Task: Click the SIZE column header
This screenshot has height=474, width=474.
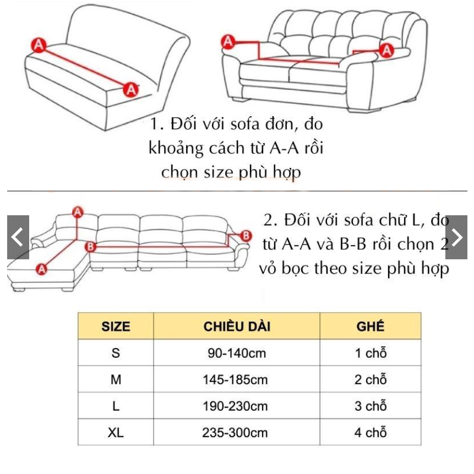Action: (116, 326)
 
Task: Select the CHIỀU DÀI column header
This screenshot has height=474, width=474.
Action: (237, 326)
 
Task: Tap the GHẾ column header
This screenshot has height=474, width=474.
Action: (370, 326)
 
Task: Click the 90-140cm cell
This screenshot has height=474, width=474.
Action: (237, 353)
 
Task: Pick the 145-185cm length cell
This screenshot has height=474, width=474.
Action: (237, 379)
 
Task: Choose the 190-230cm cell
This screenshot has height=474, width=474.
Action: (237, 406)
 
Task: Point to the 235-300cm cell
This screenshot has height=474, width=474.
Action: (237, 433)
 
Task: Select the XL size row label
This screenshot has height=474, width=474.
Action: (116, 433)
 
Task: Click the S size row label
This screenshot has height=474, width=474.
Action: (116, 353)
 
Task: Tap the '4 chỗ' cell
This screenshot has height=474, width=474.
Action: (370, 433)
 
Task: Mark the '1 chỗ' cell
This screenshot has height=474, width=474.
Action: (370, 353)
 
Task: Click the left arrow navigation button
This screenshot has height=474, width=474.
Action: (18, 237)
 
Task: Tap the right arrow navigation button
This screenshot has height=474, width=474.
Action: (456, 237)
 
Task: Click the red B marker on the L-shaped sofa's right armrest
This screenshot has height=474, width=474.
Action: (246, 236)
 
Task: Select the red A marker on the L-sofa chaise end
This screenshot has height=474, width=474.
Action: (41, 269)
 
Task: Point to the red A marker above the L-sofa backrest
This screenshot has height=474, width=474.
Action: (78, 211)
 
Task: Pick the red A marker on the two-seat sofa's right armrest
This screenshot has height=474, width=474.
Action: (387, 51)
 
